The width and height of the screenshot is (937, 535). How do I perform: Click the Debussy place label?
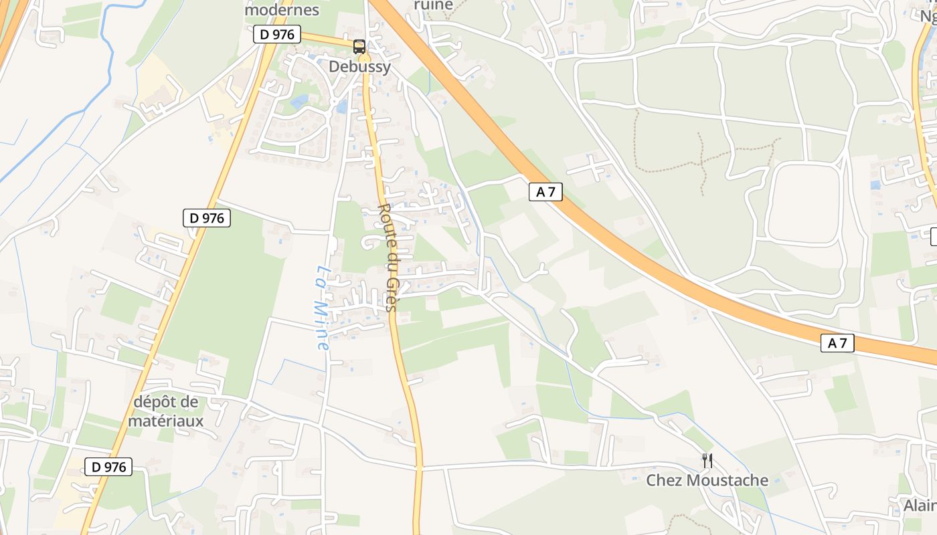(359, 67)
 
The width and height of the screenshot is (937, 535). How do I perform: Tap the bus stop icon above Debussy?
(359, 47)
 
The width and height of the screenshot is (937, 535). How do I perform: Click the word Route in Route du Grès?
(384, 225)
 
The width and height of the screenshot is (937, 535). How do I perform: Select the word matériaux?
(166, 421)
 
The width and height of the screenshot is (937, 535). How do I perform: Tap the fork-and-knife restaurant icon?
(707, 460)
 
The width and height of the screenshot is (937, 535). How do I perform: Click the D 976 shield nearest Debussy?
(277, 35)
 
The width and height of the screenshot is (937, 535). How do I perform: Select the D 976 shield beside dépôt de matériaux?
(108, 467)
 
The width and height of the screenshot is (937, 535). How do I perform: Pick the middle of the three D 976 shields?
(207, 217)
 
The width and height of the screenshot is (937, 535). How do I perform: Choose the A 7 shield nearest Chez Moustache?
(837, 344)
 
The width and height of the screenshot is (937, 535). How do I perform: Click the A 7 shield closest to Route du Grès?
(545, 192)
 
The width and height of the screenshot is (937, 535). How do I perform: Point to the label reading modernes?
(282, 11)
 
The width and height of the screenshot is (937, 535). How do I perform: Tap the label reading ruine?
(433, 5)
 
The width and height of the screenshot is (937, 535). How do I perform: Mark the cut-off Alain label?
(920, 506)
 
